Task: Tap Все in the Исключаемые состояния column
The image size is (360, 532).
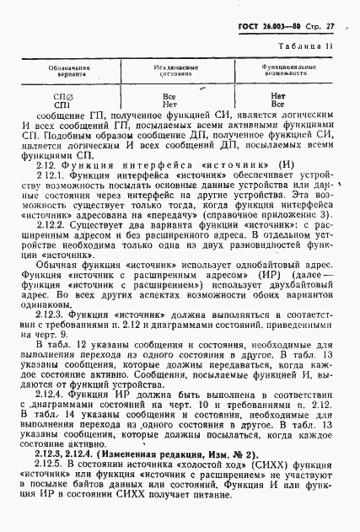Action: pos(169,97)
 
